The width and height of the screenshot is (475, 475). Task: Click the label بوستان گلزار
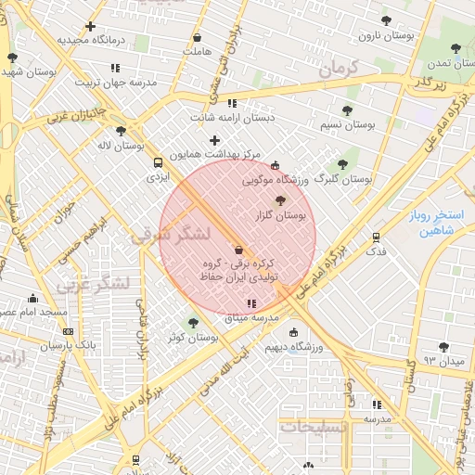282,214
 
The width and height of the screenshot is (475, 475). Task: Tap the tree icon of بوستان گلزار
281,199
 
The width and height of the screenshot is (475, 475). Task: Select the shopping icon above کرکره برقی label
238,250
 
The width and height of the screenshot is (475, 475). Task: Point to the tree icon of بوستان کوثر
193,323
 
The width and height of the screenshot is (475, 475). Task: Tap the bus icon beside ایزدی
157,163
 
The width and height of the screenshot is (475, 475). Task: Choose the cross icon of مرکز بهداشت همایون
214,140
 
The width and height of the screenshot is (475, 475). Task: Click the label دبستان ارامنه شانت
233,118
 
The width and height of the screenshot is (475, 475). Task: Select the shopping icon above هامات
197,38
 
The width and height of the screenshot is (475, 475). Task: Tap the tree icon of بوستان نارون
386,19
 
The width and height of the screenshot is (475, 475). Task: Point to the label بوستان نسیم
348,124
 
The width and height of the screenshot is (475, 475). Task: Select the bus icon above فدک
376,237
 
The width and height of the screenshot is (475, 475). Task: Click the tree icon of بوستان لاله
121,131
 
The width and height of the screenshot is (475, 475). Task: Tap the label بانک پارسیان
68,345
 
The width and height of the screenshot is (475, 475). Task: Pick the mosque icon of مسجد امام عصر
33,298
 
